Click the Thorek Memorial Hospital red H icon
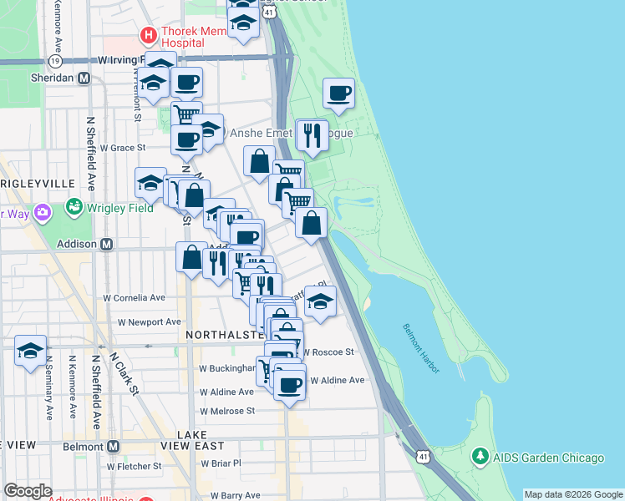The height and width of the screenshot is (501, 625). click(x=149, y=35)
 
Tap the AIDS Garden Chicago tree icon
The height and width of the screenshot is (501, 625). click(x=480, y=458)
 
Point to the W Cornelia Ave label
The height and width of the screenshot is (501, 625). click(x=134, y=297)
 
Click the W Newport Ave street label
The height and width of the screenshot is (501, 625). click(x=149, y=321)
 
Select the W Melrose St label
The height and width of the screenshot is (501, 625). click(x=226, y=411)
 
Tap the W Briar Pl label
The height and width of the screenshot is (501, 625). click(x=221, y=463)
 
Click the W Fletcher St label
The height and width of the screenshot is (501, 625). click(x=134, y=466)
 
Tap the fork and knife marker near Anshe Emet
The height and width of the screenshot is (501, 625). click(x=312, y=134)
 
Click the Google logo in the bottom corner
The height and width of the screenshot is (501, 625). click(x=28, y=491)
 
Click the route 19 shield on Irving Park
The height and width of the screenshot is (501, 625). click(x=55, y=61)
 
